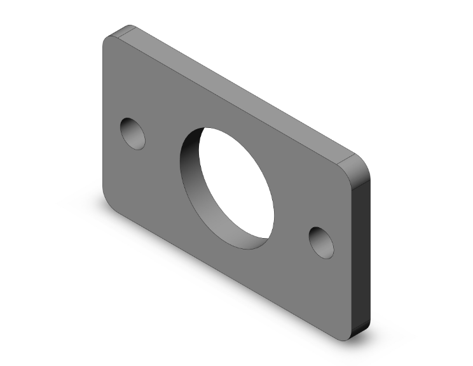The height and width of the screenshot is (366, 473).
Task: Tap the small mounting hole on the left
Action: (133, 133)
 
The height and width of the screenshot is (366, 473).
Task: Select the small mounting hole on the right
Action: (321, 242)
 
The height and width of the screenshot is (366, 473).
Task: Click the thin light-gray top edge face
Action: (242, 89)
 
